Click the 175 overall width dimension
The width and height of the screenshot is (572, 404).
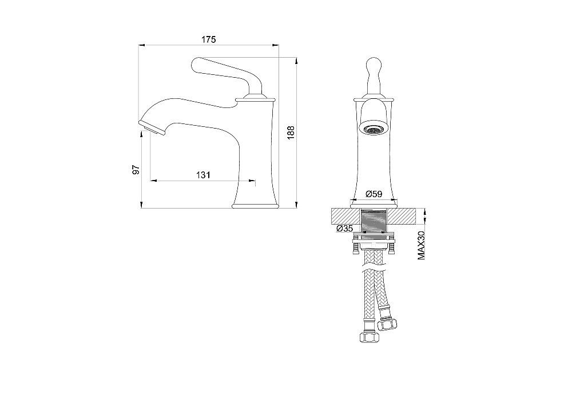coord(209,39)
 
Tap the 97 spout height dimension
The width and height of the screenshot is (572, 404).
coord(136,170)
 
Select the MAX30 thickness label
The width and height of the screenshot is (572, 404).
coord(422,244)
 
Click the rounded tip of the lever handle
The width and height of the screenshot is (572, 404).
coord(195,65)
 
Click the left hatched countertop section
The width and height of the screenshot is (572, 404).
coord(345,217)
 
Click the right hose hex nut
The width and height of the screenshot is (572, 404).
coord(387,325)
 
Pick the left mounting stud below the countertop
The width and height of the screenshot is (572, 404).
coord(355,247)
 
